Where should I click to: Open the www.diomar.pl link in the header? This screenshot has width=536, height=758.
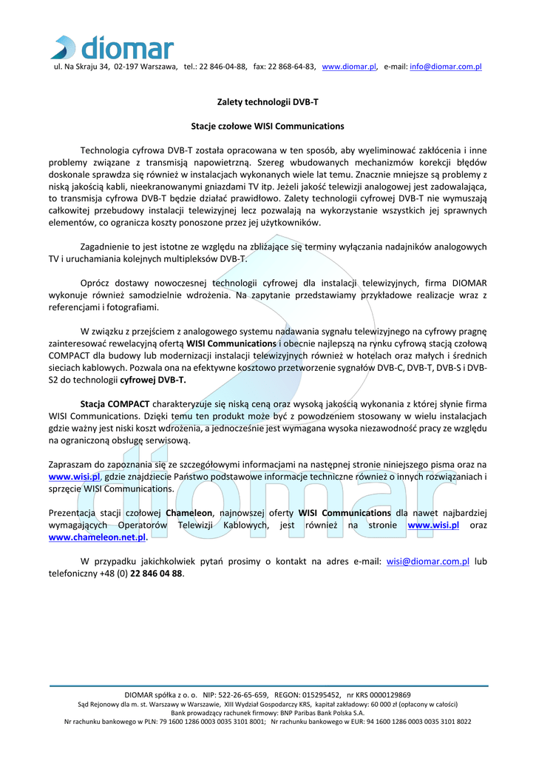(x=350, y=67)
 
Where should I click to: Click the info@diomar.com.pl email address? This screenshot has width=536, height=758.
(x=446, y=67)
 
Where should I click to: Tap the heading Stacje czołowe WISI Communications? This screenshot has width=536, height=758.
(x=268, y=127)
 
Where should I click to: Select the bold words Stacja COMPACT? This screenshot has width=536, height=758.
(x=115, y=404)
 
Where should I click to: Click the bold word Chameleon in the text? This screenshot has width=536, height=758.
(x=190, y=513)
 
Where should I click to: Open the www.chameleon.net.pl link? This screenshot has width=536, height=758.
(x=97, y=537)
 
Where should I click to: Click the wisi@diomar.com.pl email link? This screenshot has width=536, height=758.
(x=428, y=561)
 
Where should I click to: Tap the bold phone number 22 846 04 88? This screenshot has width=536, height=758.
(x=156, y=574)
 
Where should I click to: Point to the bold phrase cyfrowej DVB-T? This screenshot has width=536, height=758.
(x=153, y=380)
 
